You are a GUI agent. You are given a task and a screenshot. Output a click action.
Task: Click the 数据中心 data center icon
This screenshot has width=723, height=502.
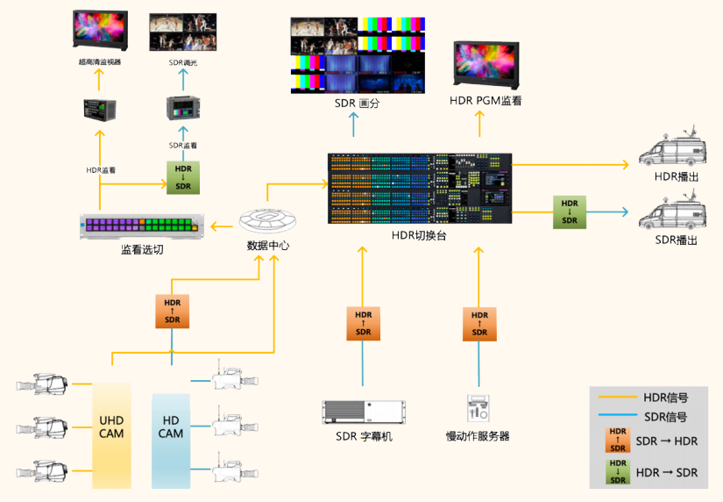pyautogui.click(x=268, y=219)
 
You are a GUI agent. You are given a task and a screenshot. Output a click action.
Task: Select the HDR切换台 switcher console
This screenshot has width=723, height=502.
pyautogui.click(x=418, y=189)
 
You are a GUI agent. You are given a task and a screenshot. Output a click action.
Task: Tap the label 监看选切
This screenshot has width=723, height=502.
pyautogui.click(x=142, y=250)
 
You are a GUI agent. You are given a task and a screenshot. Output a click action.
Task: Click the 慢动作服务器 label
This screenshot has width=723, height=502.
pyautogui.click(x=478, y=436)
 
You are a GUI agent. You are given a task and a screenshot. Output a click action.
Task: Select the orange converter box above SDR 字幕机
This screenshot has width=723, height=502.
pyautogui.click(x=364, y=323)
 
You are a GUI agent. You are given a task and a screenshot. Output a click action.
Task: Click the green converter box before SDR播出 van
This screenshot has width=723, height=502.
pyautogui.click(x=570, y=212)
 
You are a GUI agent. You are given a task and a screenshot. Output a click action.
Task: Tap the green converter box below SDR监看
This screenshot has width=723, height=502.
pyautogui.click(x=183, y=177)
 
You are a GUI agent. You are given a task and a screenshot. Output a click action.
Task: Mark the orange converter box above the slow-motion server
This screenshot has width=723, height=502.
pyautogui.click(x=479, y=323)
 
